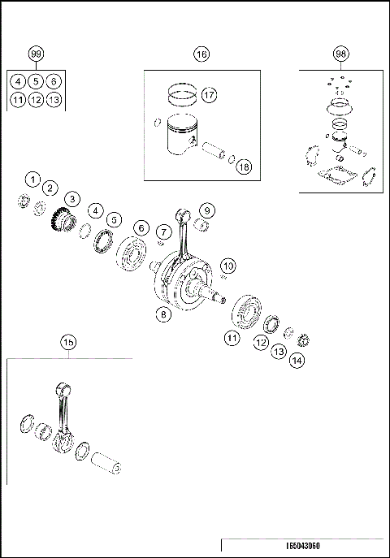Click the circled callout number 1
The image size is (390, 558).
tap(32, 178)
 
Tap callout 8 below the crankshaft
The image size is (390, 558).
tap(164, 316)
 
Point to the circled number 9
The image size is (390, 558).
tap(206, 210)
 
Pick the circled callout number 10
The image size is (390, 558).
tap(228, 266)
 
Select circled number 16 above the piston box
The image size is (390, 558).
tap(201, 54)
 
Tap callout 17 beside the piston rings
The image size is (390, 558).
tap(209, 95)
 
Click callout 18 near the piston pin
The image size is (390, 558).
tap(243, 167)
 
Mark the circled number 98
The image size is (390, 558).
tap(340, 54)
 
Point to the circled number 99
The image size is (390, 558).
tap(36, 54)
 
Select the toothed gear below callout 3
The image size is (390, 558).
tap(62, 219)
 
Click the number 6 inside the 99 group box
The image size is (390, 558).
tap(54, 81)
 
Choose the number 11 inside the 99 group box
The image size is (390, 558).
tap(17, 100)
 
